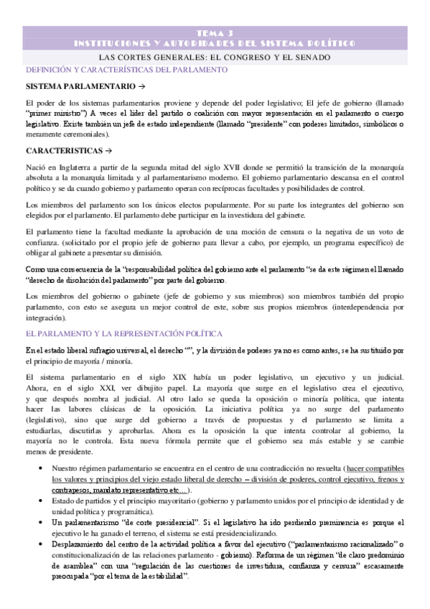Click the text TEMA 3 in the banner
(x=215, y=33)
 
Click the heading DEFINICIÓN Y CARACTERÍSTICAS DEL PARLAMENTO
(x=126, y=70)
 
